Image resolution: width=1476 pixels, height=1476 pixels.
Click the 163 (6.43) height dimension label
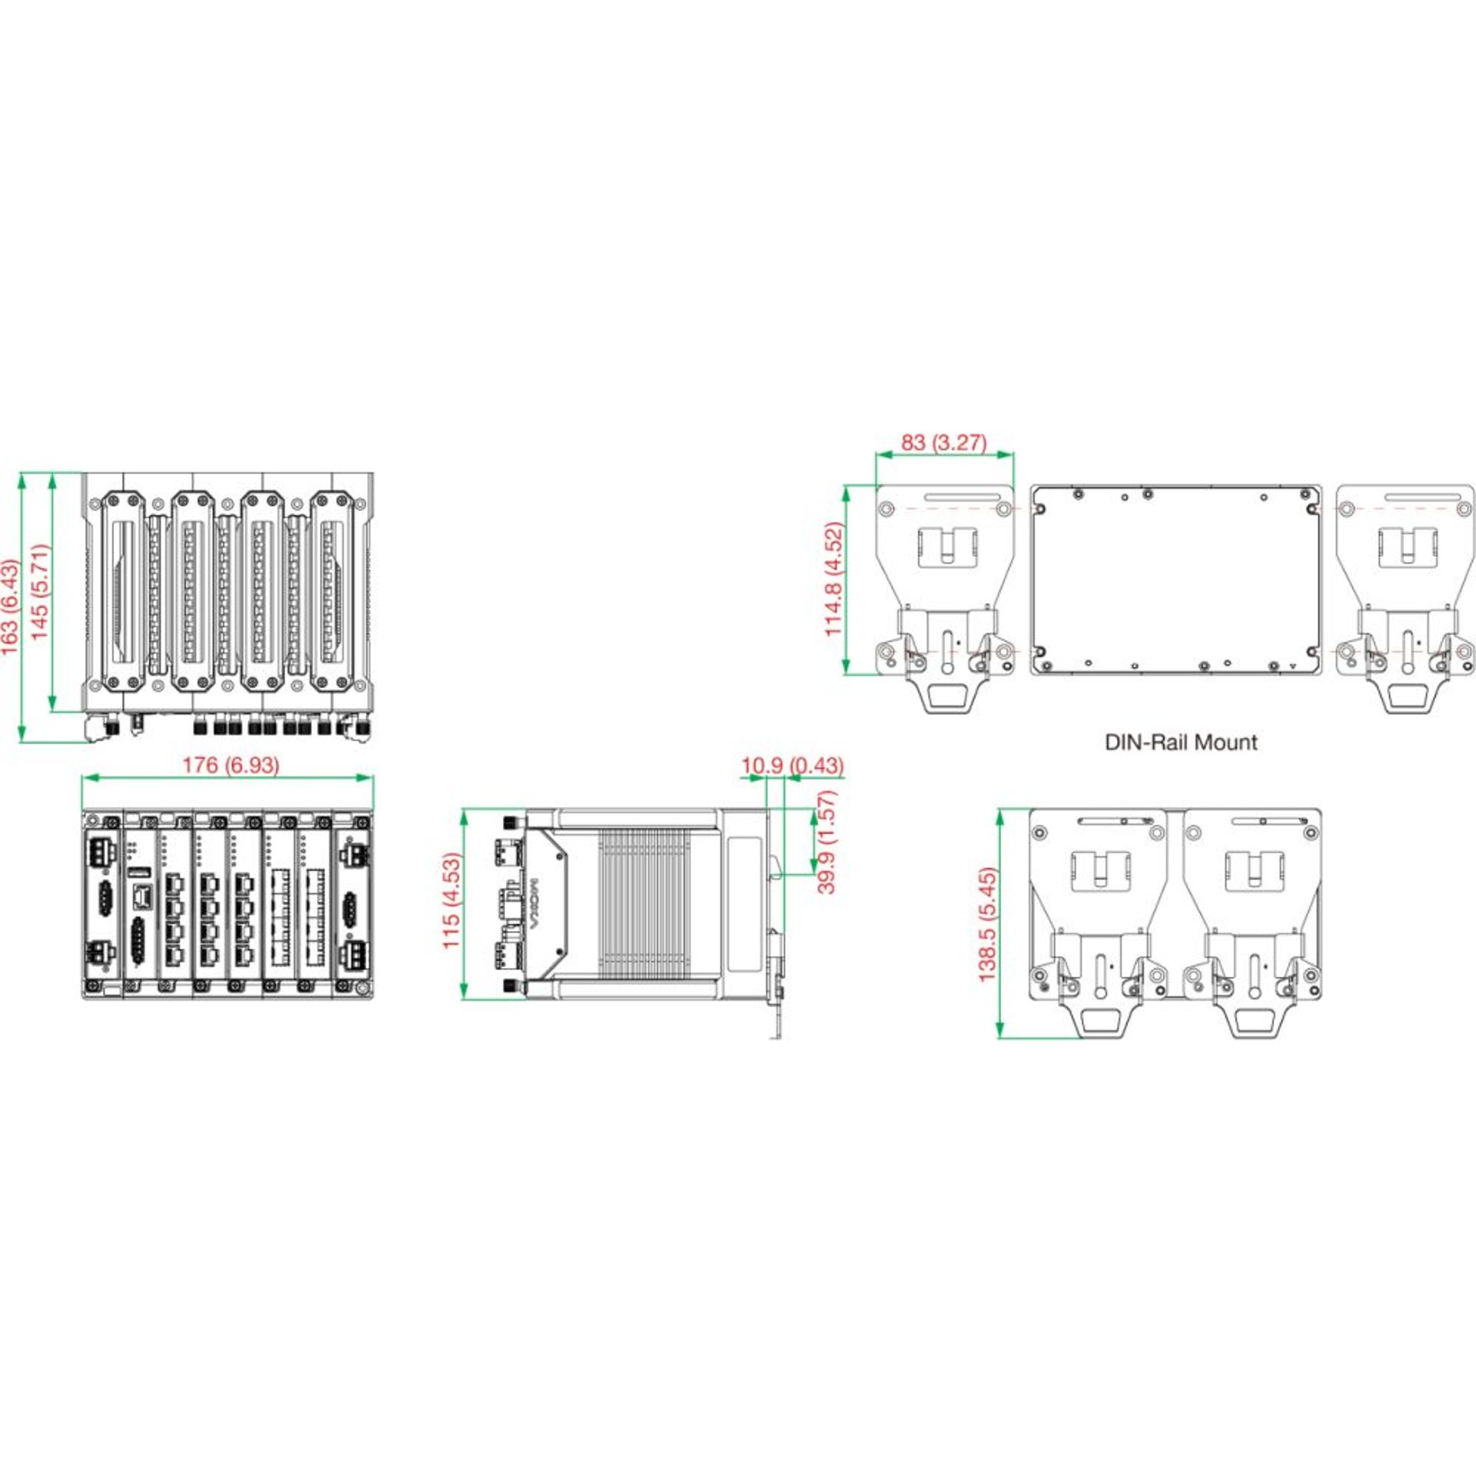click(x=11, y=608)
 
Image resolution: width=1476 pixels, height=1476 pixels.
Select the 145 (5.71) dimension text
click(x=40, y=592)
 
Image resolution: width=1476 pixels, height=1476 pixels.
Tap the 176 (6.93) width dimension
click(x=230, y=765)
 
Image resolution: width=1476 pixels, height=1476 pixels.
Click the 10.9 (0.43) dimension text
click(x=792, y=766)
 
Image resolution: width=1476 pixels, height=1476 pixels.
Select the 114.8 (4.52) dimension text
click(x=834, y=580)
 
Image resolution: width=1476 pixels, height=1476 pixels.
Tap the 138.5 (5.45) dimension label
click(x=987, y=924)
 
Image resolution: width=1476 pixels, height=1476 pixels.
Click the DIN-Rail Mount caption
click(x=1181, y=742)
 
